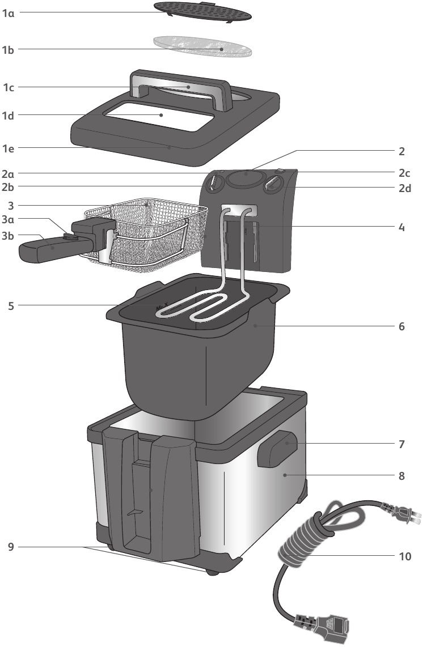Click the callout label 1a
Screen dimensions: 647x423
pos(8,12)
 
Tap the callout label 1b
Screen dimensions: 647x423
pos(8,50)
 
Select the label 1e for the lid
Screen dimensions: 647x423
pos(8,148)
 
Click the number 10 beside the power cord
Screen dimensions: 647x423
pos(405,556)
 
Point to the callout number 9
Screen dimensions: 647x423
pos(11,547)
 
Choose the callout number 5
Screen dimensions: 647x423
pos(11,306)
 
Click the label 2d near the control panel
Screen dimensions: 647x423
pos(405,188)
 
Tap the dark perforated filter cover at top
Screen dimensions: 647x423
pos(203,12)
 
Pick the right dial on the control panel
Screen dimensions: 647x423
pos(275,183)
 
